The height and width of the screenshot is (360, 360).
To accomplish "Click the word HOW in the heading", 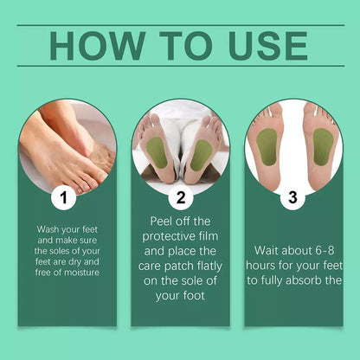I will click(x=95, y=45).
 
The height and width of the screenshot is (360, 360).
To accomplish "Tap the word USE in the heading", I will click(x=264, y=45).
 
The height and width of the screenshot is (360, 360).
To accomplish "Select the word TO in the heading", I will click(x=177, y=45).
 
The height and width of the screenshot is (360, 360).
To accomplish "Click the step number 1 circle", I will click(x=62, y=198).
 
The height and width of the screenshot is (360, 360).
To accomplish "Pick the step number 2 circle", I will click(x=179, y=198).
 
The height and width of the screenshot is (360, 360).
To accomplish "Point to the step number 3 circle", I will click(x=293, y=198).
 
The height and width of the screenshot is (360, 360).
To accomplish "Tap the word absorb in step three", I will click(x=299, y=279).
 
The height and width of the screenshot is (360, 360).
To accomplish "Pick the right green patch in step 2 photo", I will click(x=200, y=155).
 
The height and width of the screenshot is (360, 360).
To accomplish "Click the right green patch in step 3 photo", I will click(x=322, y=145).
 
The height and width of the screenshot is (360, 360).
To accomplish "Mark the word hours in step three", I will click(x=265, y=262).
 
